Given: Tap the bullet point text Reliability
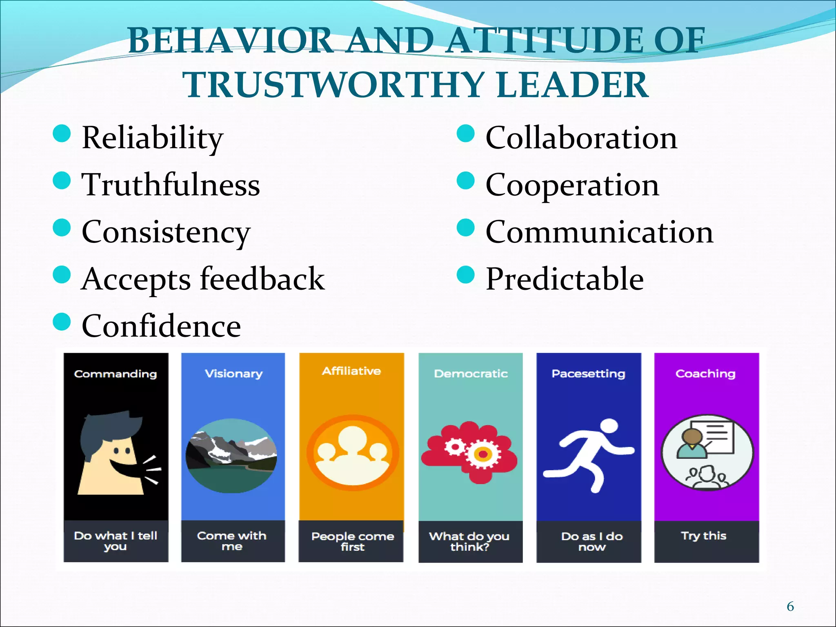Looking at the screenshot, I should coord(152,138).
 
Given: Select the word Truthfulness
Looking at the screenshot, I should coord(171,185).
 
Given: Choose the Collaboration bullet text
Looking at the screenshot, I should coord(581,138).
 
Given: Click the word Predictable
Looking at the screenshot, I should coord(565,279).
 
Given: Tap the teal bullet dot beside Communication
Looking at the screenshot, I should coord(465,227).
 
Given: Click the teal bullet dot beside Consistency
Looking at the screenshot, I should coord(62,227).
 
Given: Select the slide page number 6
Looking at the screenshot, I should coord(790,606).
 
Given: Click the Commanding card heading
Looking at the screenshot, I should coord(116,374).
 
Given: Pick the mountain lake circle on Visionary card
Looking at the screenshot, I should coord(231,456).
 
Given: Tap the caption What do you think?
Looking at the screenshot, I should coord(470,541).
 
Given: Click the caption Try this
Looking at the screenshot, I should coord(704,536).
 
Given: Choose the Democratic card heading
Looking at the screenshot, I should coord(471,374).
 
